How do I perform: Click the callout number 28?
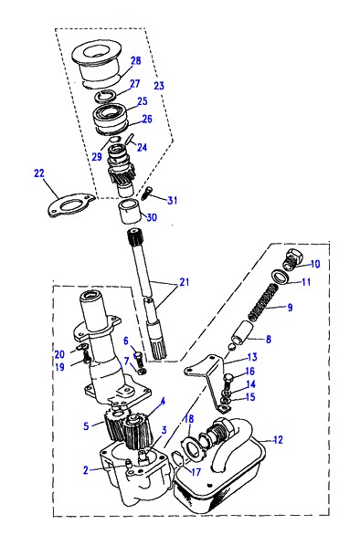[x=135, y=61]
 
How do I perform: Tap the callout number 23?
[x=159, y=86]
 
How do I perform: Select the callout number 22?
[x=39, y=173]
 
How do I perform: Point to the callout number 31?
[x=172, y=200]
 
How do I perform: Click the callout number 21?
[x=184, y=282]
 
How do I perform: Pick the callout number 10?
[x=315, y=264]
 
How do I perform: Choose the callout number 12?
[x=279, y=440]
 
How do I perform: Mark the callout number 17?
[x=196, y=472]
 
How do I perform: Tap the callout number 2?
[x=85, y=470]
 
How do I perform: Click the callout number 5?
[x=86, y=426]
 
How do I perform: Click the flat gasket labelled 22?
[x=69, y=205]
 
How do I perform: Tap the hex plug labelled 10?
[x=294, y=259]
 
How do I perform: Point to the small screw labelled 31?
[x=147, y=194]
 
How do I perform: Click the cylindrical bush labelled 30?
[x=130, y=213]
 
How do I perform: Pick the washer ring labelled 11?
[x=280, y=276]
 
